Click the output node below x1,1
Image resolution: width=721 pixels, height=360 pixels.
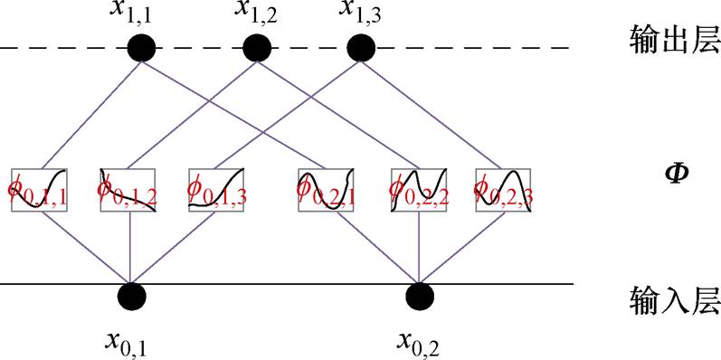[139, 47]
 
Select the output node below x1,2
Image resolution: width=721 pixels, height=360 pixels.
[252, 47]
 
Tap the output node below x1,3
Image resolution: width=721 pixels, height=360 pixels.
[361, 47]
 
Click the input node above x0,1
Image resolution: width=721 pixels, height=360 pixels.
[132, 295]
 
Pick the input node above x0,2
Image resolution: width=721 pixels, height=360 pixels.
[419, 295]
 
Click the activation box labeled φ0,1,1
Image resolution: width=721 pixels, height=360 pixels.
[40, 189]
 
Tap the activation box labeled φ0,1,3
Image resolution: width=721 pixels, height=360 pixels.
[218, 189]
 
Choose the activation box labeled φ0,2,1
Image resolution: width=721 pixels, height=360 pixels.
[326, 189]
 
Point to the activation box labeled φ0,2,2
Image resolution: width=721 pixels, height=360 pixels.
[417, 189]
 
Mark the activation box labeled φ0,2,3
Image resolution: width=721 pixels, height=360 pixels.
[502, 189]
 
